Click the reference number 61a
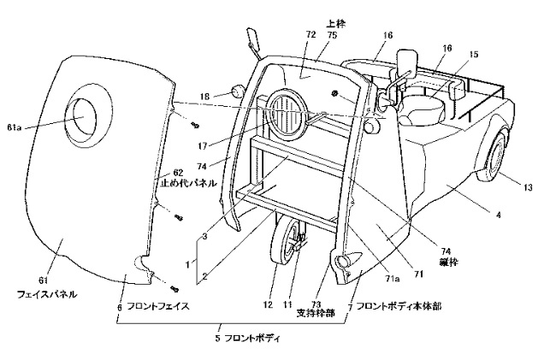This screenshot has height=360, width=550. [14, 127]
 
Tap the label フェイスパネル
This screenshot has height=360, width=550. [47, 294]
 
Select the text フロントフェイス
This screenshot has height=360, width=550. [158, 306]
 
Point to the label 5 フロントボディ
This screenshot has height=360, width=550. [248, 339]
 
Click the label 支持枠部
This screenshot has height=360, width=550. [316, 312]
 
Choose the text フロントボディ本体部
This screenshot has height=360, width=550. [399, 306]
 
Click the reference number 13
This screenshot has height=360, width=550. [528, 188]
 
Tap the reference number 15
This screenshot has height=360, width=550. [473, 55]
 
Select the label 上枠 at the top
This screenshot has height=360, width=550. [336, 23]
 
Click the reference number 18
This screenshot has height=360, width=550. [205, 96]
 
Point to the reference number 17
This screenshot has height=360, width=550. [203, 145]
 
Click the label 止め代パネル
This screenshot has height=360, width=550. [188, 183]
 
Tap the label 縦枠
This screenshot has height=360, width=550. [448, 262]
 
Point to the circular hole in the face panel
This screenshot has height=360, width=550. [84, 116]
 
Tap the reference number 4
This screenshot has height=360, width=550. [499, 214]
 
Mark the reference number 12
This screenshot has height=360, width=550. [268, 305]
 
